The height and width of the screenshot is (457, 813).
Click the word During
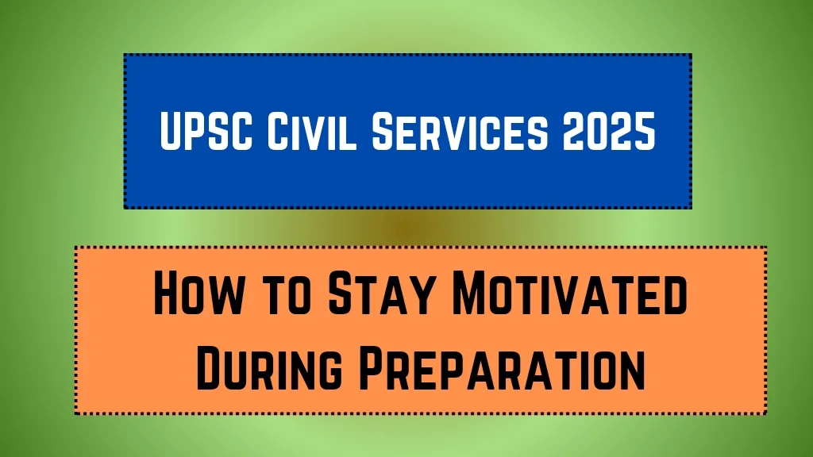pyautogui.click(x=269, y=368)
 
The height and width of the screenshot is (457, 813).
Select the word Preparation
pyautogui.click(x=502, y=368)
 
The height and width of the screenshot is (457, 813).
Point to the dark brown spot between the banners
pyautogui.click(x=407, y=227)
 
